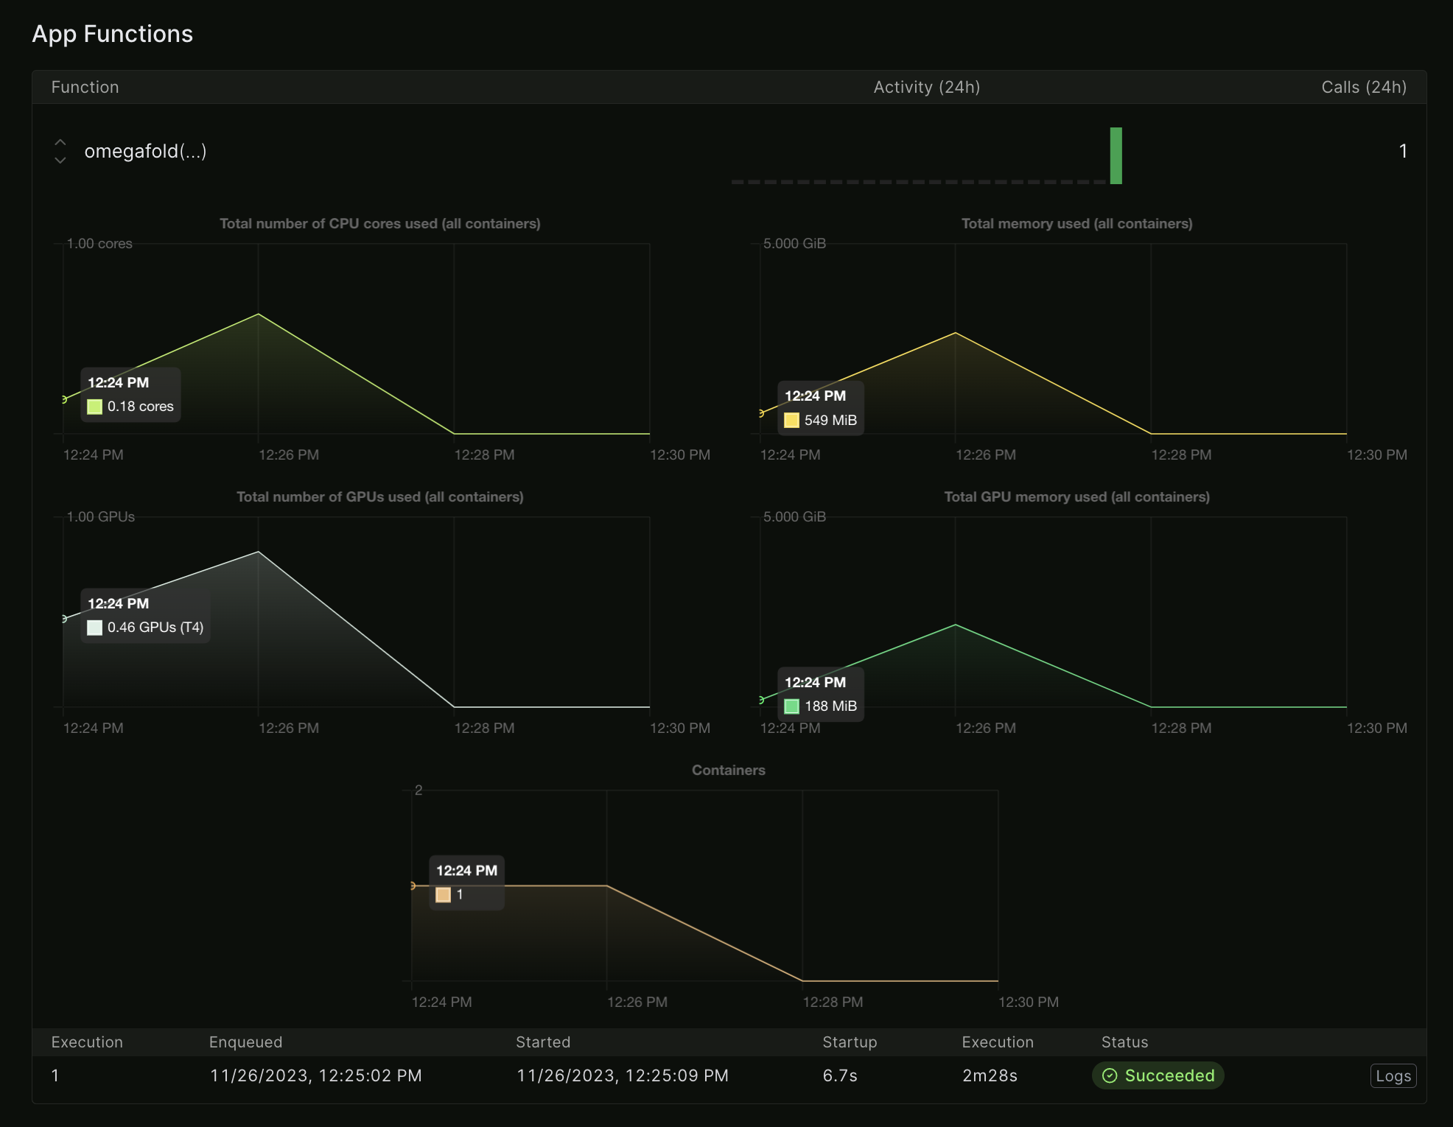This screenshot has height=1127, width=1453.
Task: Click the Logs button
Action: coord(1393,1075)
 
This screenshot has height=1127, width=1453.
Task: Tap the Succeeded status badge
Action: coord(1158,1075)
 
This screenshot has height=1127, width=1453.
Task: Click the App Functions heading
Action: coord(112,34)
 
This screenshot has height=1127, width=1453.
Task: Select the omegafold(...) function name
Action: coord(145,151)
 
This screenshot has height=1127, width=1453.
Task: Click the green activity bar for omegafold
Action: coord(1116,155)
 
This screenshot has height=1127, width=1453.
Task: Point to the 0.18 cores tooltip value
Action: coord(140,407)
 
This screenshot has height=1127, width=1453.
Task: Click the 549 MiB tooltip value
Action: coord(830,420)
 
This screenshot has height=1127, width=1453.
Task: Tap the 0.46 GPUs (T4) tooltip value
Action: coord(155,628)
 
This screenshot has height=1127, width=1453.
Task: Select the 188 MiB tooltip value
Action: coord(830,706)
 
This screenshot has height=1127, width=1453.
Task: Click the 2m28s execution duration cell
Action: coord(990,1075)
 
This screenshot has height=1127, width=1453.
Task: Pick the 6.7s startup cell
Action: coord(840,1075)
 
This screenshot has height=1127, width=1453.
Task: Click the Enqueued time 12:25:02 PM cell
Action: coord(315,1075)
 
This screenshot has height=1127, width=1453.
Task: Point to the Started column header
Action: coord(543,1042)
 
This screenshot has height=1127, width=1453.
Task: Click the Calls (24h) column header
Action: coord(1364,87)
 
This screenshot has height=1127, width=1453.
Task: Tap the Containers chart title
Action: coord(728,770)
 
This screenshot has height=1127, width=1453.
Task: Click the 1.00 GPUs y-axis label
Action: coord(101,516)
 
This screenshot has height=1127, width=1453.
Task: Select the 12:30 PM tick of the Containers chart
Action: coord(1028,1002)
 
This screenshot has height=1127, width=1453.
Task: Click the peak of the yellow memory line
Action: coord(955,333)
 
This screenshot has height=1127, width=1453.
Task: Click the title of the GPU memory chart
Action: coord(1076,496)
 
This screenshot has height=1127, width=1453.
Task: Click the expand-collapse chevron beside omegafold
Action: coord(60,151)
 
